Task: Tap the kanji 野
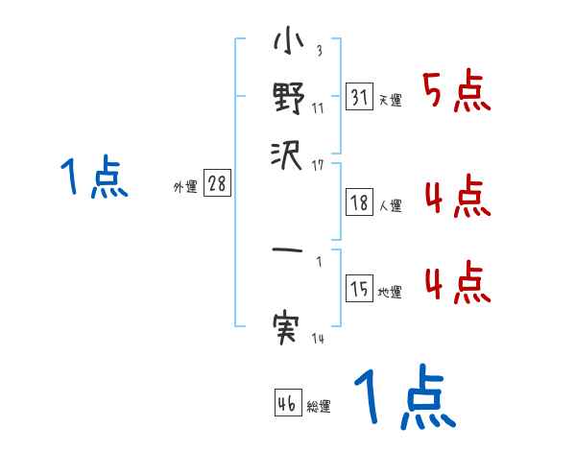[x=288, y=98]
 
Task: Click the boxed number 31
[x=359, y=98]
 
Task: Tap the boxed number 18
[x=359, y=202]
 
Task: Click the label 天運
[x=390, y=100]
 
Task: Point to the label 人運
[x=390, y=204]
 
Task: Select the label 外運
[x=185, y=187]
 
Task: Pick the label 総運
[x=319, y=406]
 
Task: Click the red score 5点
[x=457, y=93]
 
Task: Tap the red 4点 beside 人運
[x=457, y=199]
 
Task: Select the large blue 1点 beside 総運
[x=404, y=399]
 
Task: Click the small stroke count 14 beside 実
[x=318, y=339]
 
